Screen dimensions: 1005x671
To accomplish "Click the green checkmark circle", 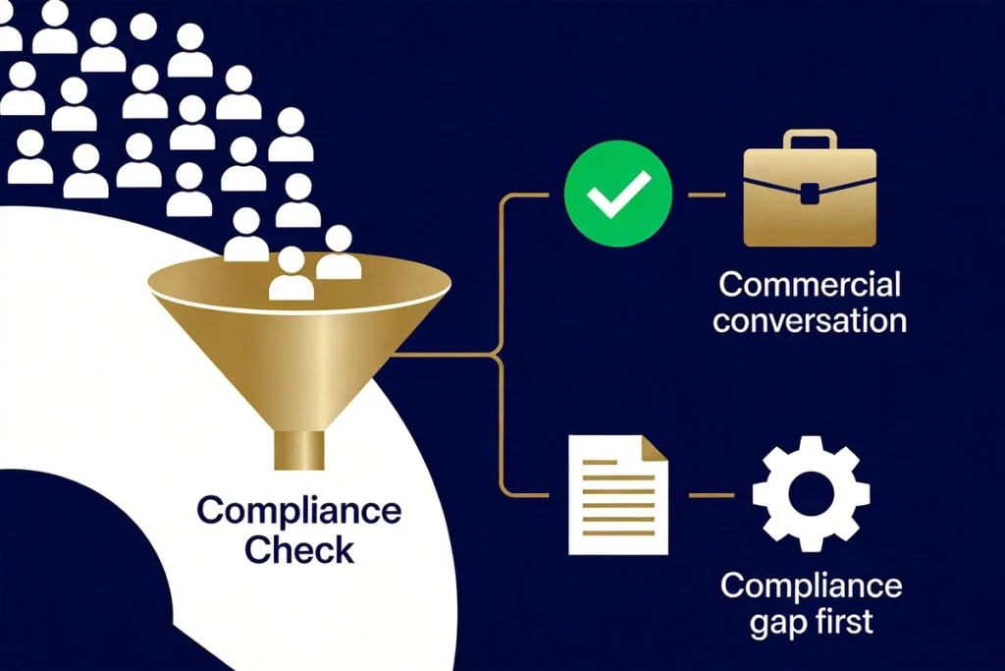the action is [618, 194].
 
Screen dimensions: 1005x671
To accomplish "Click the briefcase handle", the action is [810, 140].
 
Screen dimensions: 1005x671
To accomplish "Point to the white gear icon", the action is [811, 494].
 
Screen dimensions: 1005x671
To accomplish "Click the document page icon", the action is [618, 494].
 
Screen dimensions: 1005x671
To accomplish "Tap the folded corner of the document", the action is [655, 448].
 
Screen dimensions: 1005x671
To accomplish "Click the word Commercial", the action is [810, 284].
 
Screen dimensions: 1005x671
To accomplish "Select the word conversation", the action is [810, 320].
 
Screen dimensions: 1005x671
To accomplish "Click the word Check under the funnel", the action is [299, 550].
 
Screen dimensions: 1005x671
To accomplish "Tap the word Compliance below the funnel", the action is [299, 511].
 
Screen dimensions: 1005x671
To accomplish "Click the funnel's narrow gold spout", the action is [299, 450].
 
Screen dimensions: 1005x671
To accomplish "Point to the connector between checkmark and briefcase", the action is [707, 194].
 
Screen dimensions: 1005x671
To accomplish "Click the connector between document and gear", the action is [711, 494].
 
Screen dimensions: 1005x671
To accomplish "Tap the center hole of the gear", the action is [811, 494].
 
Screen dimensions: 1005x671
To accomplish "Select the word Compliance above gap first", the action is [811, 586].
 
